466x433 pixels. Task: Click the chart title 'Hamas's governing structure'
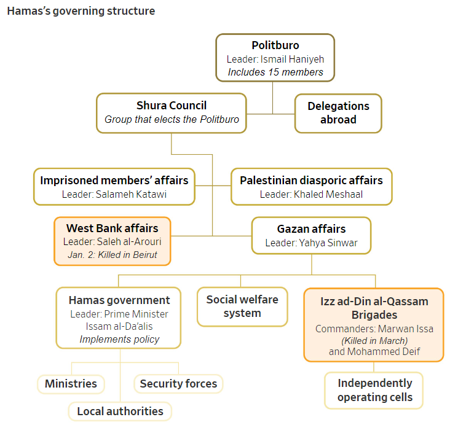click(x=81, y=11)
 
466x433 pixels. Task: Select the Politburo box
click(x=275, y=58)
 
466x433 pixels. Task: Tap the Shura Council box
click(x=172, y=112)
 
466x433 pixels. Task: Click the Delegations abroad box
click(x=338, y=113)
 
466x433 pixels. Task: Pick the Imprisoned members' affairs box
click(x=114, y=187)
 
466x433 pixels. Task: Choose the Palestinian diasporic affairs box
click(x=311, y=187)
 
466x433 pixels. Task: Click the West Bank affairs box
click(x=112, y=241)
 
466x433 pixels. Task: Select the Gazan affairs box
click(x=311, y=235)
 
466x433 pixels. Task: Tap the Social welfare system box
click(x=242, y=306)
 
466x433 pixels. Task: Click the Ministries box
click(x=71, y=384)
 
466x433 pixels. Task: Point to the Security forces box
click(x=178, y=384)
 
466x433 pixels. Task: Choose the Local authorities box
click(x=120, y=411)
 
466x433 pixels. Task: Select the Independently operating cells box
click(x=374, y=390)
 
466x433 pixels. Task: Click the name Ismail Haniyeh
click(x=292, y=59)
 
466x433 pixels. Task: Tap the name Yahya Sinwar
click(x=328, y=243)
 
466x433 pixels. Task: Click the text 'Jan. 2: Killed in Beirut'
click(x=113, y=255)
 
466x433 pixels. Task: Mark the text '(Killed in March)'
click(x=374, y=340)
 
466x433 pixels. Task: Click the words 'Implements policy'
click(x=119, y=339)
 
